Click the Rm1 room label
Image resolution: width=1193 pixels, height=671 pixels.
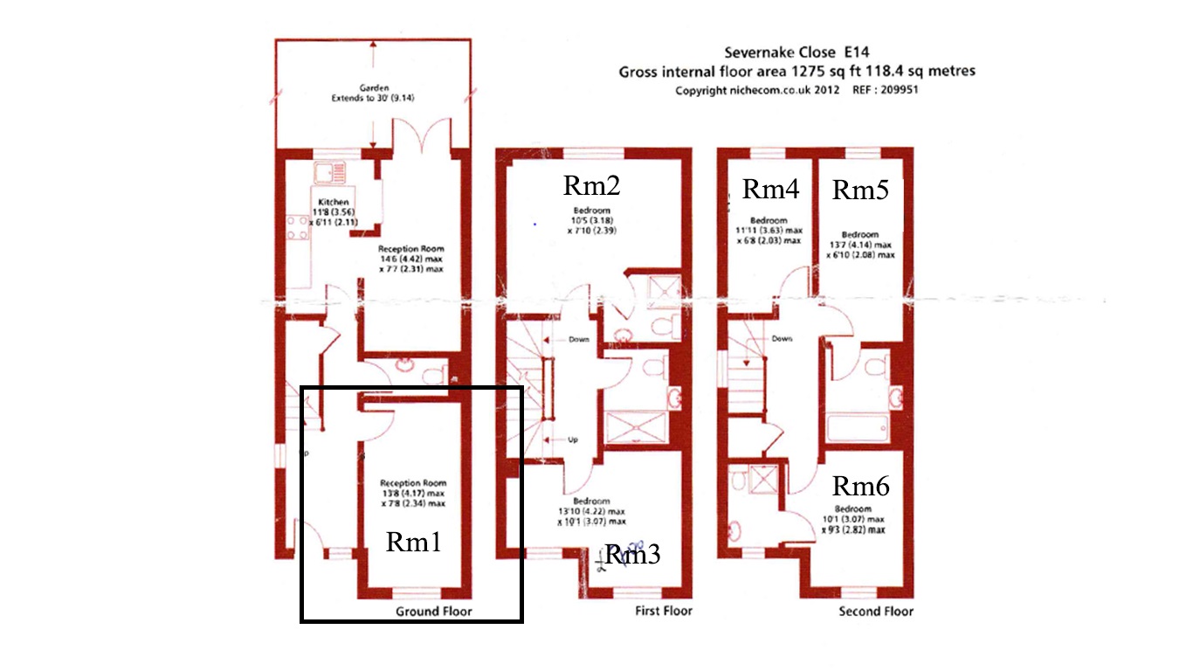[x=413, y=543]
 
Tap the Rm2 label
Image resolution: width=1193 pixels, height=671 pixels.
[x=591, y=185]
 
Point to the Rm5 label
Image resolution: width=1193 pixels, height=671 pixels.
[x=859, y=190]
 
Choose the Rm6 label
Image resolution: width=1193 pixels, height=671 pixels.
[x=860, y=487]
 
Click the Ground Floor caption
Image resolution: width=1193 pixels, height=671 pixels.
[x=433, y=612]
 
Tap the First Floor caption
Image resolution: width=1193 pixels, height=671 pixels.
[x=663, y=612]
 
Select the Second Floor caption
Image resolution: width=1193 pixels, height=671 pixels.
[x=876, y=612]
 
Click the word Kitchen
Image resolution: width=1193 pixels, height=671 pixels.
[x=334, y=202]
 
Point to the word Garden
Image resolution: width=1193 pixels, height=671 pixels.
[x=372, y=88]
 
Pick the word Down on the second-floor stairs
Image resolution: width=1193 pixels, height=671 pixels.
[x=782, y=339]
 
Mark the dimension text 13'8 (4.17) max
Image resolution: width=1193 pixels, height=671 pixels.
[x=412, y=494]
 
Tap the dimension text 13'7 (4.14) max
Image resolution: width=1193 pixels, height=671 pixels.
[x=860, y=245]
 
